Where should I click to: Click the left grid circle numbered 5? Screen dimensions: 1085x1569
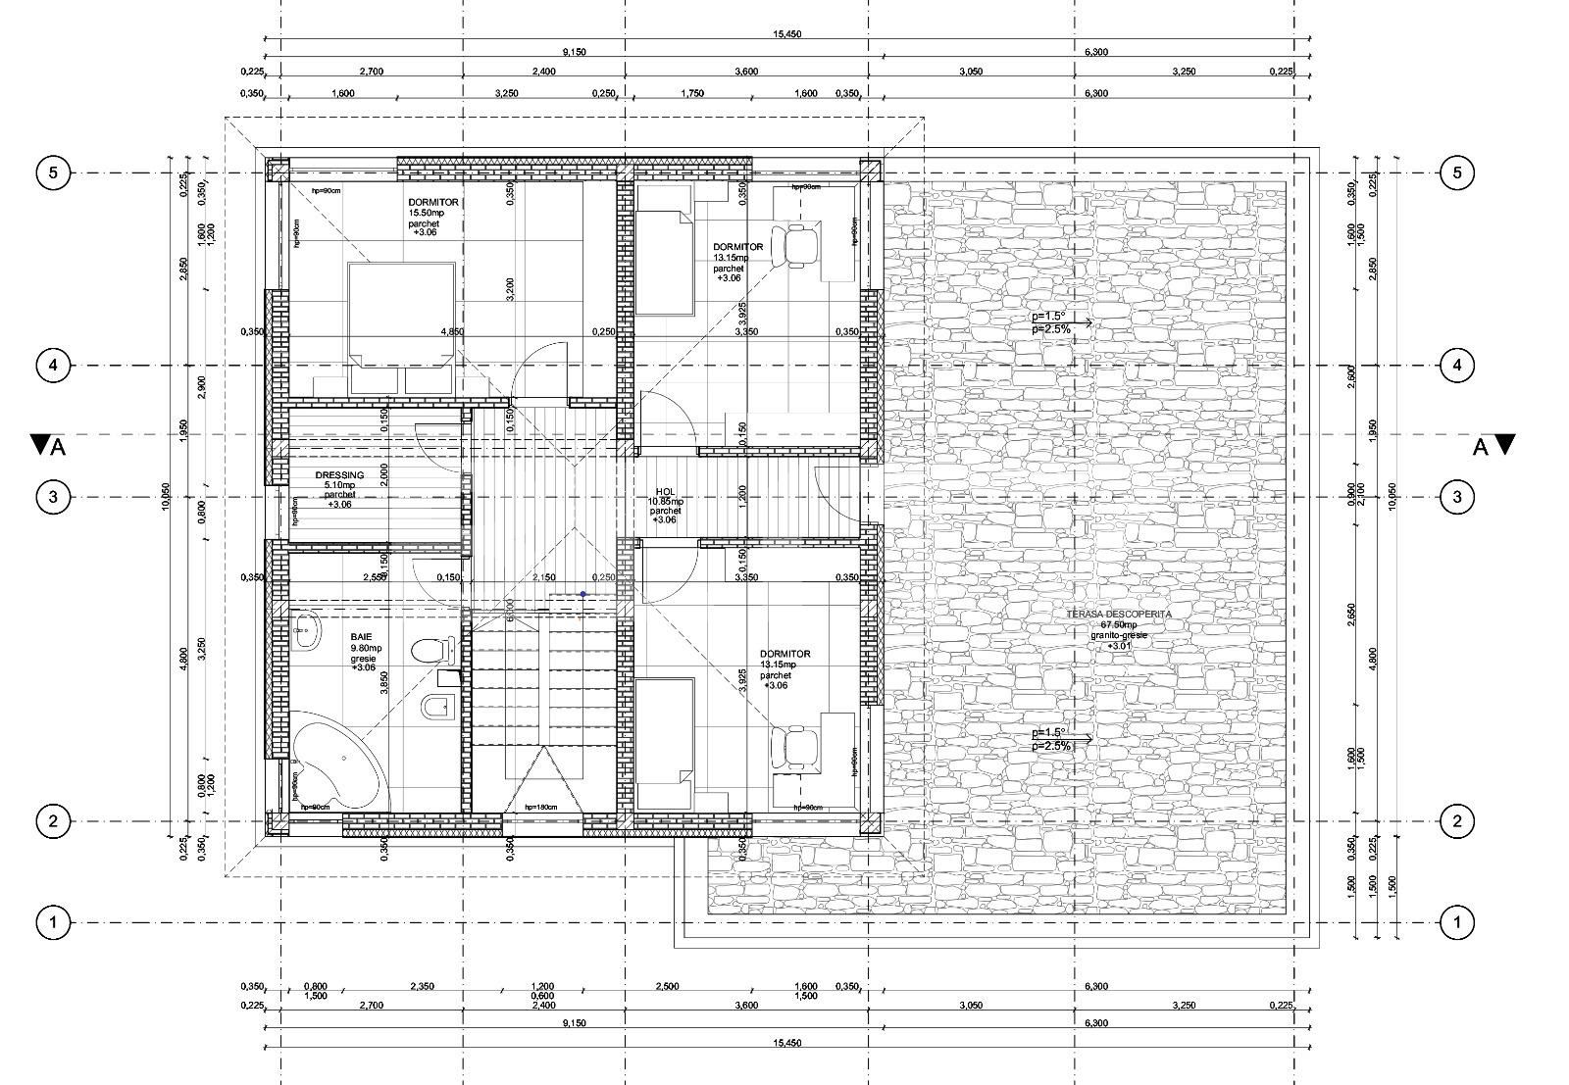(53, 173)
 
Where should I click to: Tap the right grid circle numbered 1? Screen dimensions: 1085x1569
(1457, 922)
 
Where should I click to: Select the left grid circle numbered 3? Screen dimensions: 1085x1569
(53, 497)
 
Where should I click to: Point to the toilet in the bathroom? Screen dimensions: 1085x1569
(431, 651)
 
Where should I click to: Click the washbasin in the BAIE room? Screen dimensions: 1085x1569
(307, 632)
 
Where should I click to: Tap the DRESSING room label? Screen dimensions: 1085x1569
(339, 475)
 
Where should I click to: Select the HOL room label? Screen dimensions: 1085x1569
(666, 493)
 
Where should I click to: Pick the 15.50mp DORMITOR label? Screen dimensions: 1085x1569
(433, 203)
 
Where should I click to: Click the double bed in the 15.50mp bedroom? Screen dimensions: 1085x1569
(401, 316)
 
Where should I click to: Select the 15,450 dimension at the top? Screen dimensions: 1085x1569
(787, 34)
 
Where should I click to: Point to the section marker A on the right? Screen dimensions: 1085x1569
(1493, 446)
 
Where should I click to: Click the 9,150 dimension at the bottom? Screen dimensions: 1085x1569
(574, 1024)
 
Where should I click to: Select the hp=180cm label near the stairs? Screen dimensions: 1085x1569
(540, 807)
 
